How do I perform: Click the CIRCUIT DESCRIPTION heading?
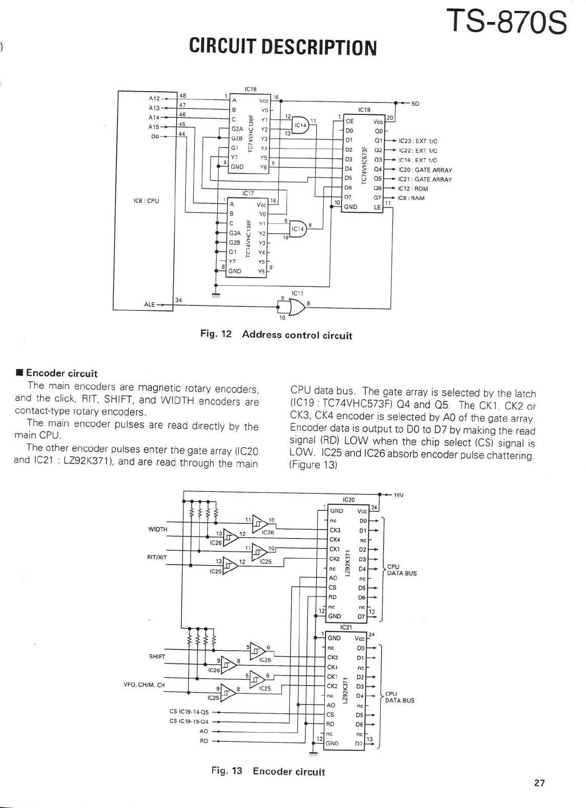(x=283, y=47)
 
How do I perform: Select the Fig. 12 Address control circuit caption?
(x=276, y=335)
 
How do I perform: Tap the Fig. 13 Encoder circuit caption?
(x=268, y=771)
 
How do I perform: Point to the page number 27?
(x=539, y=783)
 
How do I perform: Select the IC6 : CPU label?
(x=146, y=201)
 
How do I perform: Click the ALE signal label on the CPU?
(x=150, y=304)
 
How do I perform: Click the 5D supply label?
(x=415, y=103)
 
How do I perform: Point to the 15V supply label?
(x=399, y=495)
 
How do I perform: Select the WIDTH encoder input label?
(x=158, y=529)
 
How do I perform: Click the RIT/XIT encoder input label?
(x=157, y=557)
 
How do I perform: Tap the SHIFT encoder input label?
(x=157, y=656)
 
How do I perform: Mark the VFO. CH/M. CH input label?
(x=144, y=685)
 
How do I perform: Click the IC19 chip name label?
(x=364, y=110)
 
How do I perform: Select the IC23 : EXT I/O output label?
(x=418, y=141)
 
